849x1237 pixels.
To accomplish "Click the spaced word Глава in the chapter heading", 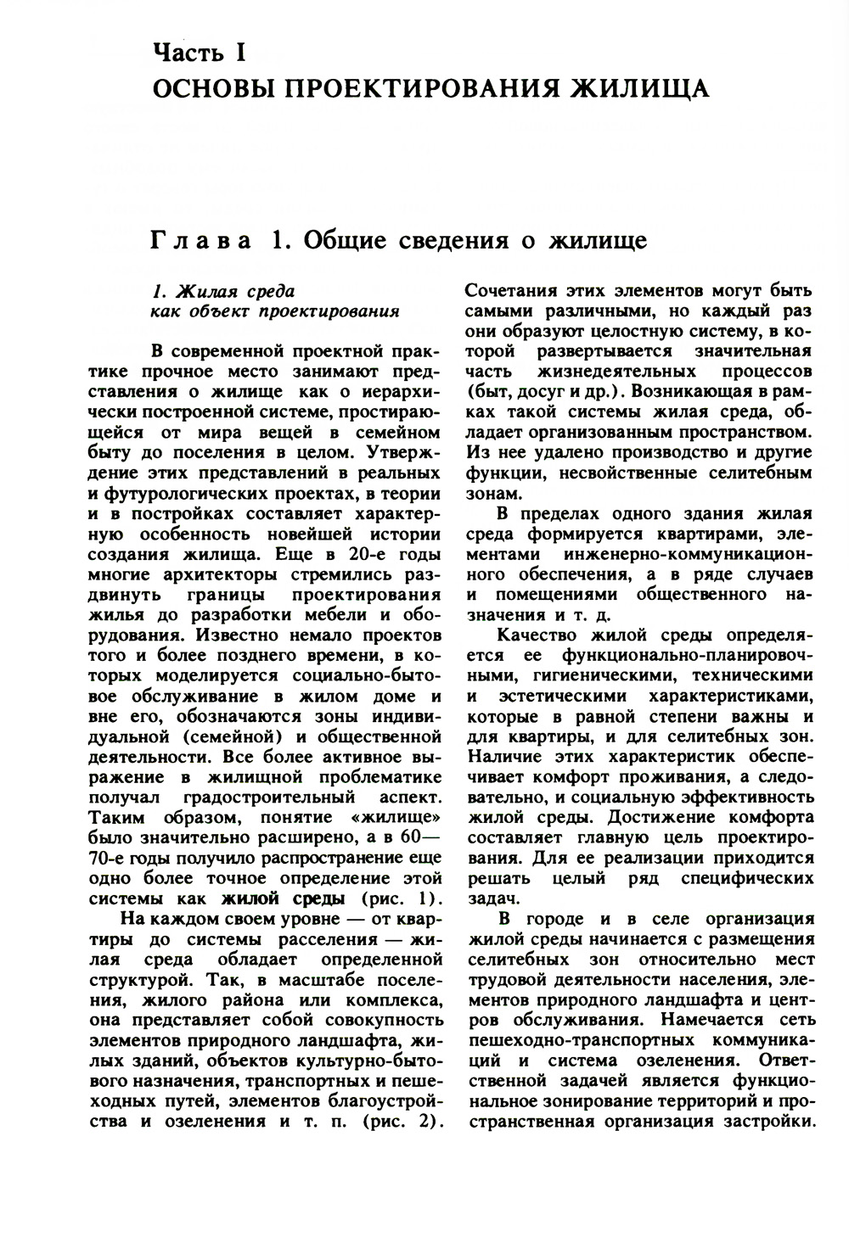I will [202, 241].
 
